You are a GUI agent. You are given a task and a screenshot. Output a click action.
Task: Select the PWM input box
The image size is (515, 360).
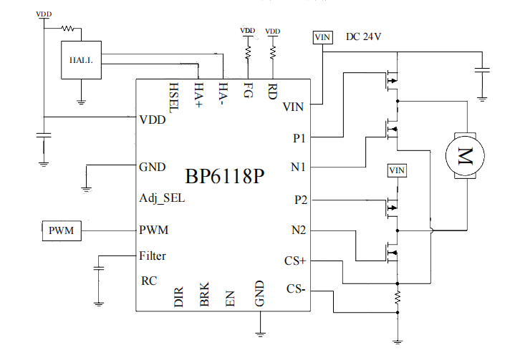pos(60,230)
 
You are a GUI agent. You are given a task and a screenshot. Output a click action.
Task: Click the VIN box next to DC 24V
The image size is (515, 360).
pos(322,38)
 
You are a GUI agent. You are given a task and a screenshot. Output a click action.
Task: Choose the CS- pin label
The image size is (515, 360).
pos(297,289)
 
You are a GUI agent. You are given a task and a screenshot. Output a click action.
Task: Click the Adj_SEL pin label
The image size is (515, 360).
pos(162,198)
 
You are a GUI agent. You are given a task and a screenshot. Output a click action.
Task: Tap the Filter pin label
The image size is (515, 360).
pos(153,255)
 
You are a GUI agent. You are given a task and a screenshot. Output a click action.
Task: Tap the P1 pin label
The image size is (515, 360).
pos(299,136)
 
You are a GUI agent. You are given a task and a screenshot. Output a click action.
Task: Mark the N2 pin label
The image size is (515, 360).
pos(298,230)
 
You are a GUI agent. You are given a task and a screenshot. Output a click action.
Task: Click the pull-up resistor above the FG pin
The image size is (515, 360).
pos(248,52)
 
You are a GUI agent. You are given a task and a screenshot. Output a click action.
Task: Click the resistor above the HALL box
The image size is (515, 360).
pos(68,29)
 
